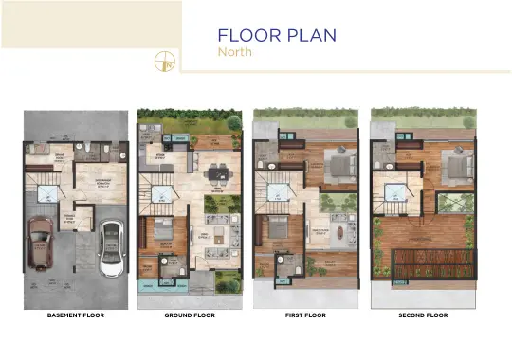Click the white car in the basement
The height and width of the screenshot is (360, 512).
click(x=111, y=249)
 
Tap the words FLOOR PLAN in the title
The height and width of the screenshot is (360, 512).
click(x=276, y=35)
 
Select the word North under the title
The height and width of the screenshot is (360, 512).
click(x=234, y=52)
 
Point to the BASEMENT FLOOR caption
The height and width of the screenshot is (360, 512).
click(x=76, y=315)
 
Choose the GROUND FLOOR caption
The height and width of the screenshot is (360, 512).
click(x=190, y=315)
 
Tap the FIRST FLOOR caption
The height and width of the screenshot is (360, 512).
click(x=304, y=315)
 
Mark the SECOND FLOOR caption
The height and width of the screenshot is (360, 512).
click(x=423, y=315)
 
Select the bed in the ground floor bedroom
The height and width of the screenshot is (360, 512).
click(x=162, y=230)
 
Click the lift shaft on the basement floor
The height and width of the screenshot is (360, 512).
click(x=47, y=194)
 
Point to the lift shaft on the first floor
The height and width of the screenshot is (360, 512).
click(x=279, y=192)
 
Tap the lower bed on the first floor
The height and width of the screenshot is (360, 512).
click(x=278, y=227)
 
